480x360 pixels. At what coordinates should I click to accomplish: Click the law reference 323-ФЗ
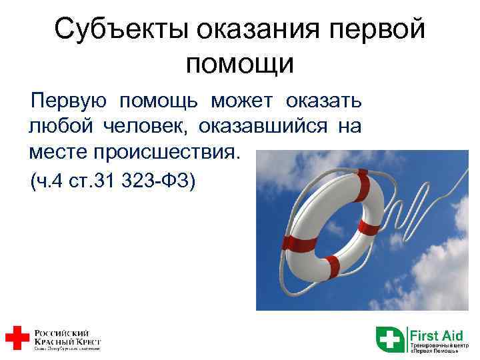pos(159,180)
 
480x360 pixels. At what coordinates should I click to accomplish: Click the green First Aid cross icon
pos(390,339)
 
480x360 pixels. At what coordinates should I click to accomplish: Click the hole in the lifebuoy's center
pos(333,223)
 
